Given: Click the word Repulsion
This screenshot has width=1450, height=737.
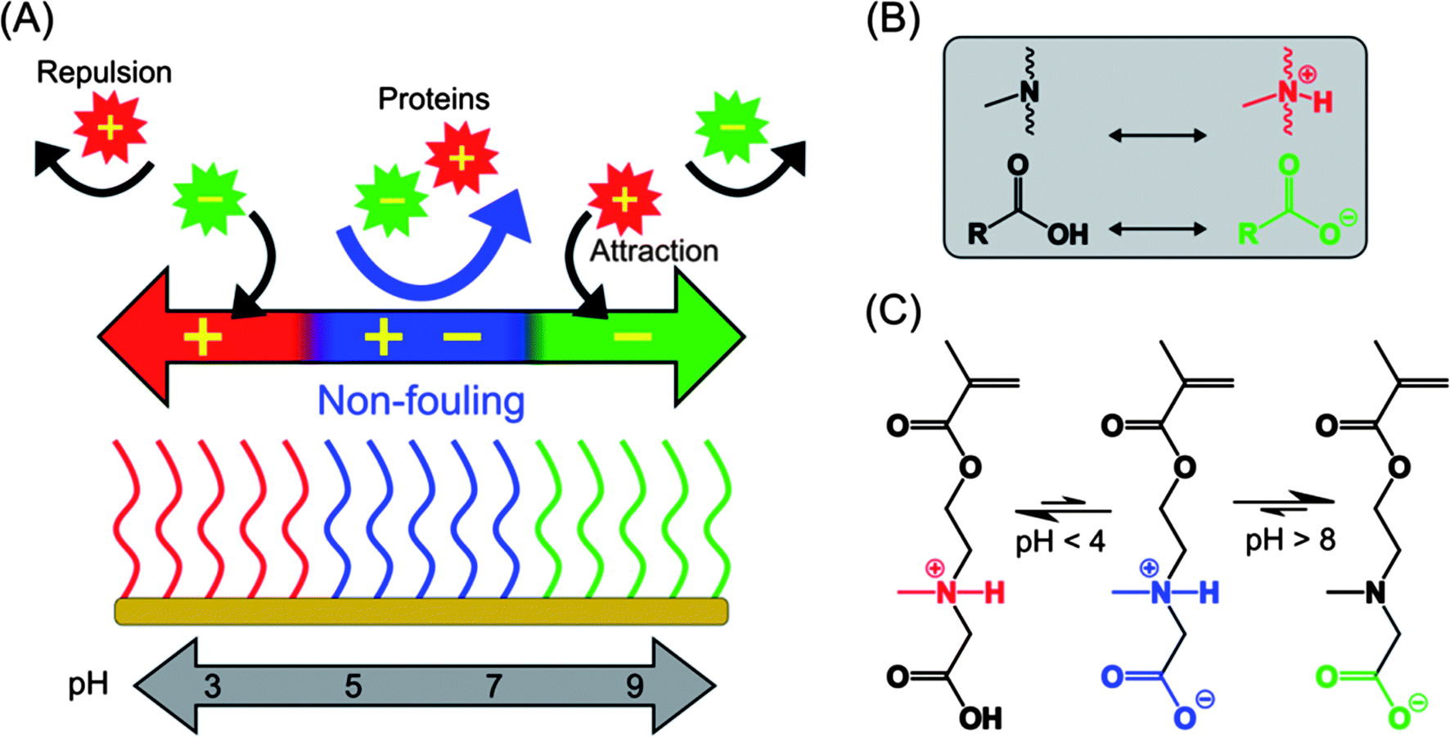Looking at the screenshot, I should [x=104, y=73].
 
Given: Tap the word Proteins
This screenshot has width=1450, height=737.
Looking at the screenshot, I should [x=434, y=99].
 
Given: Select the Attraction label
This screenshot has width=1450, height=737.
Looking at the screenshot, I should [x=654, y=251].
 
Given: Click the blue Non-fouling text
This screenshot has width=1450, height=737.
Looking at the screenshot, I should [x=421, y=400].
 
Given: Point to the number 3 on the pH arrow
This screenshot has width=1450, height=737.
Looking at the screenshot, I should [x=212, y=686].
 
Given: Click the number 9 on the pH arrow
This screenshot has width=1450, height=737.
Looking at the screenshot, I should [x=634, y=686].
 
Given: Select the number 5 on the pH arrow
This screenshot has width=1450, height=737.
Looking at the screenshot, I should [x=353, y=686].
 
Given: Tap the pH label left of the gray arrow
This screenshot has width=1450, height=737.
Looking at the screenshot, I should [x=88, y=684].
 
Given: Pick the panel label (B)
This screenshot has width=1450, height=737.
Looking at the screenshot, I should [x=893, y=20].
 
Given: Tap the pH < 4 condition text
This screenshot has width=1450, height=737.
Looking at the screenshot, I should [x=1060, y=541].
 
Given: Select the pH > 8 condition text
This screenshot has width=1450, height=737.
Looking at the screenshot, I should [x=1290, y=540].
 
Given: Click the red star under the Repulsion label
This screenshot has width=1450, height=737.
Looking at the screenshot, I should [x=110, y=128].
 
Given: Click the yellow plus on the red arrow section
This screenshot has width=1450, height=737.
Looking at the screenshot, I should [x=203, y=337].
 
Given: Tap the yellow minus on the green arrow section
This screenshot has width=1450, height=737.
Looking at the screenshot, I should [x=633, y=337].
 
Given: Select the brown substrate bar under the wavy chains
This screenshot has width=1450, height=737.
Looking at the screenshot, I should [x=421, y=612].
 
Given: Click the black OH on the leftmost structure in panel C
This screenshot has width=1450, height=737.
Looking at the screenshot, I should [x=979, y=719].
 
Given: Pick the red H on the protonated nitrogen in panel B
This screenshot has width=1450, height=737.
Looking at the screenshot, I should [x=1322, y=102].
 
